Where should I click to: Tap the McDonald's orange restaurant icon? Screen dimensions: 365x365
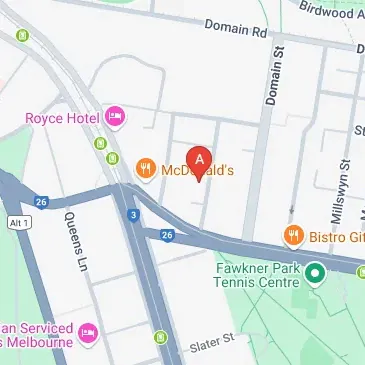pos(146,169)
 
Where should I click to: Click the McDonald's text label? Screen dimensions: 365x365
pos(197,171)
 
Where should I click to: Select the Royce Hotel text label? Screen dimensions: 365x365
pos(64,118)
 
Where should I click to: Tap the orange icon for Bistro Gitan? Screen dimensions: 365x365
pos(293,236)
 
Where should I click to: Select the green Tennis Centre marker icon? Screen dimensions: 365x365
pos(316,271)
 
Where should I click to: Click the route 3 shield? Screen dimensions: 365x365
pos(133,215)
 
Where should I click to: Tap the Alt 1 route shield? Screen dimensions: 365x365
pos(15,220)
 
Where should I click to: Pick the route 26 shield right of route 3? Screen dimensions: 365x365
pos(167,236)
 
